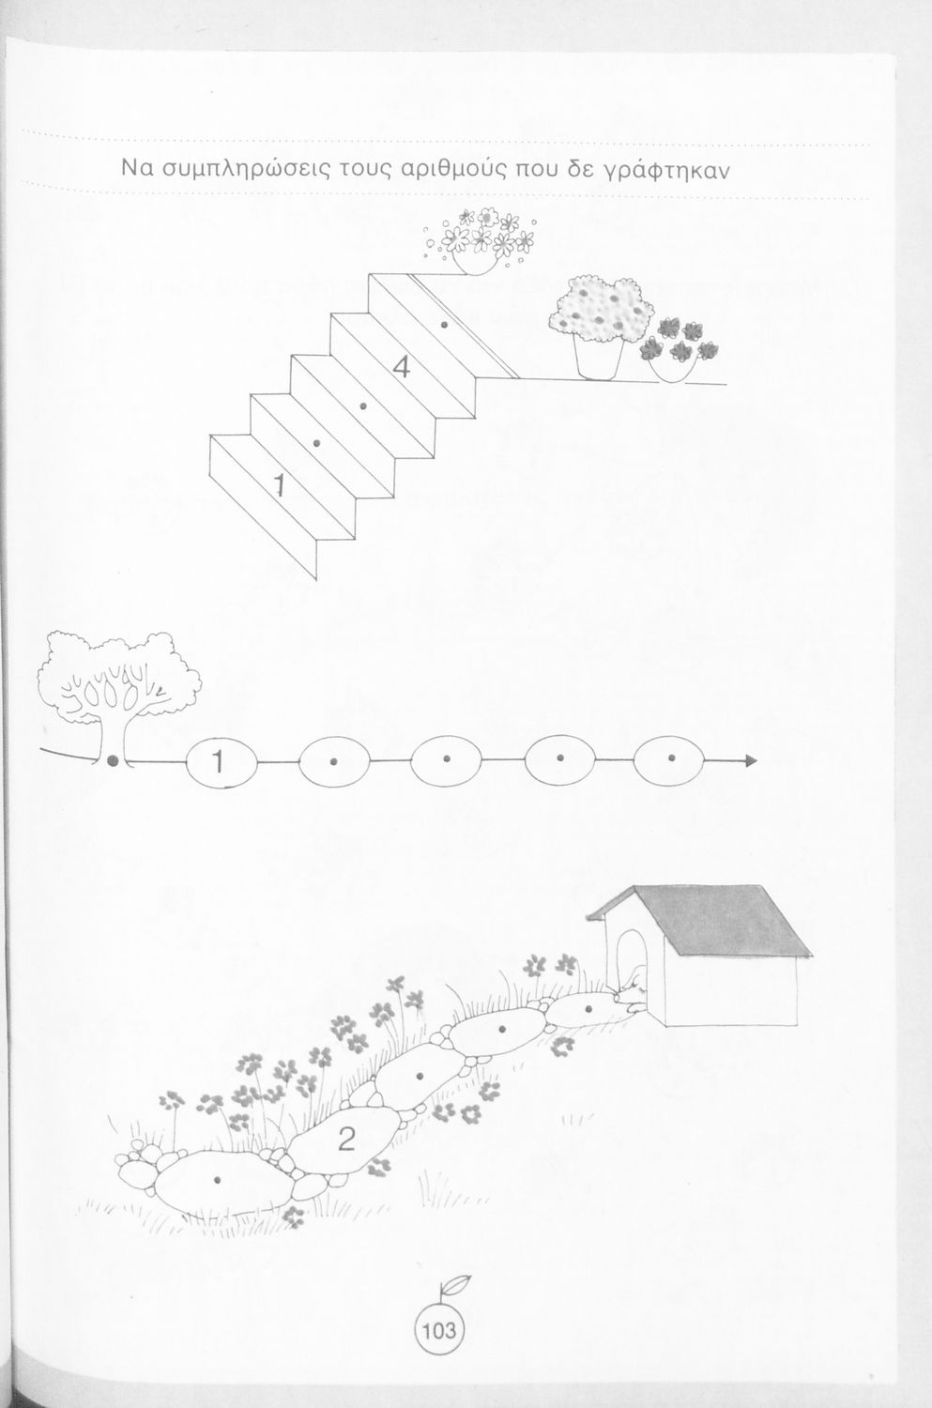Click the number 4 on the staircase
pyautogui.click(x=401, y=368)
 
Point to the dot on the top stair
pyautogui.click(x=444, y=325)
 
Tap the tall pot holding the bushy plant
pyautogui.click(x=598, y=357)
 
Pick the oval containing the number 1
pyautogui.click(x=222, y=762)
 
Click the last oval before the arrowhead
pyautogui.click(x=668, y=760)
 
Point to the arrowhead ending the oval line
pyautogui.click(x=752, y=761)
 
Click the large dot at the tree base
pyautogui.click(x=114, y=761)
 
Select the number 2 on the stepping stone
pyautogui.click(x=347, y=1138)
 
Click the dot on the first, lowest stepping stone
pyautogui.click(x=218, y=1179)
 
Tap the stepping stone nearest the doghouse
pyautogui.click(x=588, y=1010)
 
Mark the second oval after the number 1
pyautogui.click(x=446, y=760)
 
